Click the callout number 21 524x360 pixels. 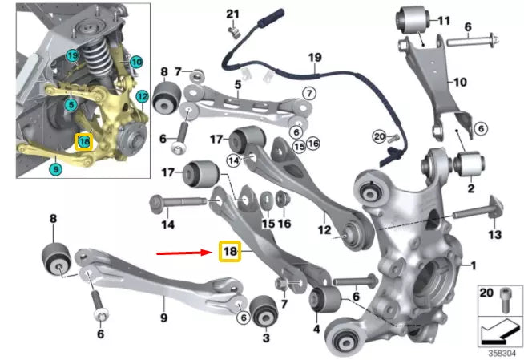point(232,14)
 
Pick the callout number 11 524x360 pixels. point(444,18)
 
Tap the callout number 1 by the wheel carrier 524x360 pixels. point(472,265)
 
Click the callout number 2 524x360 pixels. point(470,190)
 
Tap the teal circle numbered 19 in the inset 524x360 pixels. point(72,55)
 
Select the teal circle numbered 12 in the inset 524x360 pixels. point(142,97)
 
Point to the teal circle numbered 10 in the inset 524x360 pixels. point(135,61)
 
